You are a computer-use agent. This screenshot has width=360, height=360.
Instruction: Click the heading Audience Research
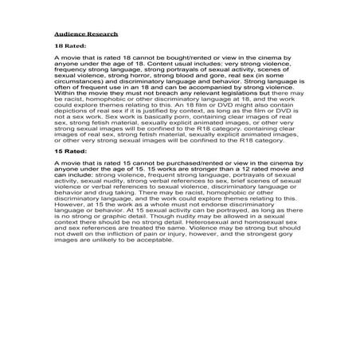click(86, 35)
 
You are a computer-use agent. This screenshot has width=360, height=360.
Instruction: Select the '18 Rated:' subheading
click(71, 47)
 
